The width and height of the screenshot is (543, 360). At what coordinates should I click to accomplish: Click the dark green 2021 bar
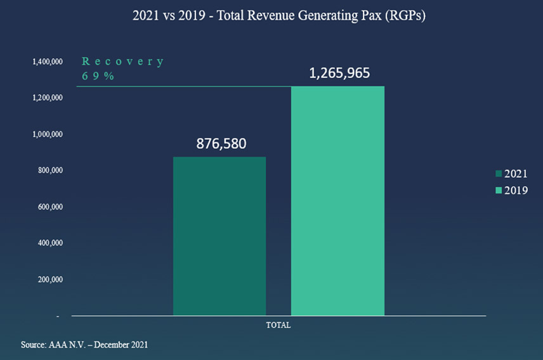219,236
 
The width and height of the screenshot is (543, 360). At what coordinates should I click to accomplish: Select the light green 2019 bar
337,200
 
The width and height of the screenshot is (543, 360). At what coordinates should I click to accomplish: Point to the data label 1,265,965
339,74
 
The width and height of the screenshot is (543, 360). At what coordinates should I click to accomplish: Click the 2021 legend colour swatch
499,174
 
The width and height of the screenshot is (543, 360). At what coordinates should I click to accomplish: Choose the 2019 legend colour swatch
499,190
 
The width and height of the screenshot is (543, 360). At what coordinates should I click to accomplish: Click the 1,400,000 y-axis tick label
48,62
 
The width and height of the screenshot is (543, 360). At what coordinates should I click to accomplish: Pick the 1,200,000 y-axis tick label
48,98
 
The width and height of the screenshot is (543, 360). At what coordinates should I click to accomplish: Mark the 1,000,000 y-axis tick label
48,134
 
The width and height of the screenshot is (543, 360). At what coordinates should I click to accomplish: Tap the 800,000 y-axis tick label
49,170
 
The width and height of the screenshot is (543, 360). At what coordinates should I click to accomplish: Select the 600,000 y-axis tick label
49,207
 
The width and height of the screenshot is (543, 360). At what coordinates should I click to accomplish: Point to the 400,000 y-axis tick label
49,243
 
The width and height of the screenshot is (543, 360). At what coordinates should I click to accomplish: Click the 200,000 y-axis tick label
49,279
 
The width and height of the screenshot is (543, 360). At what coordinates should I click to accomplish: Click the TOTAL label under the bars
278,325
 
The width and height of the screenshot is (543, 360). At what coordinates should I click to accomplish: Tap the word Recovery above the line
122,62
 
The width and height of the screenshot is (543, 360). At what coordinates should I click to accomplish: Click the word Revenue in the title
262,16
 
